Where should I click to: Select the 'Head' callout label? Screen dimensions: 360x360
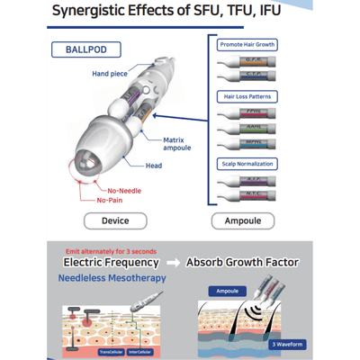coord(154,165)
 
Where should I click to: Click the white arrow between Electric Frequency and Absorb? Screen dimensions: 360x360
coord(173,263)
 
